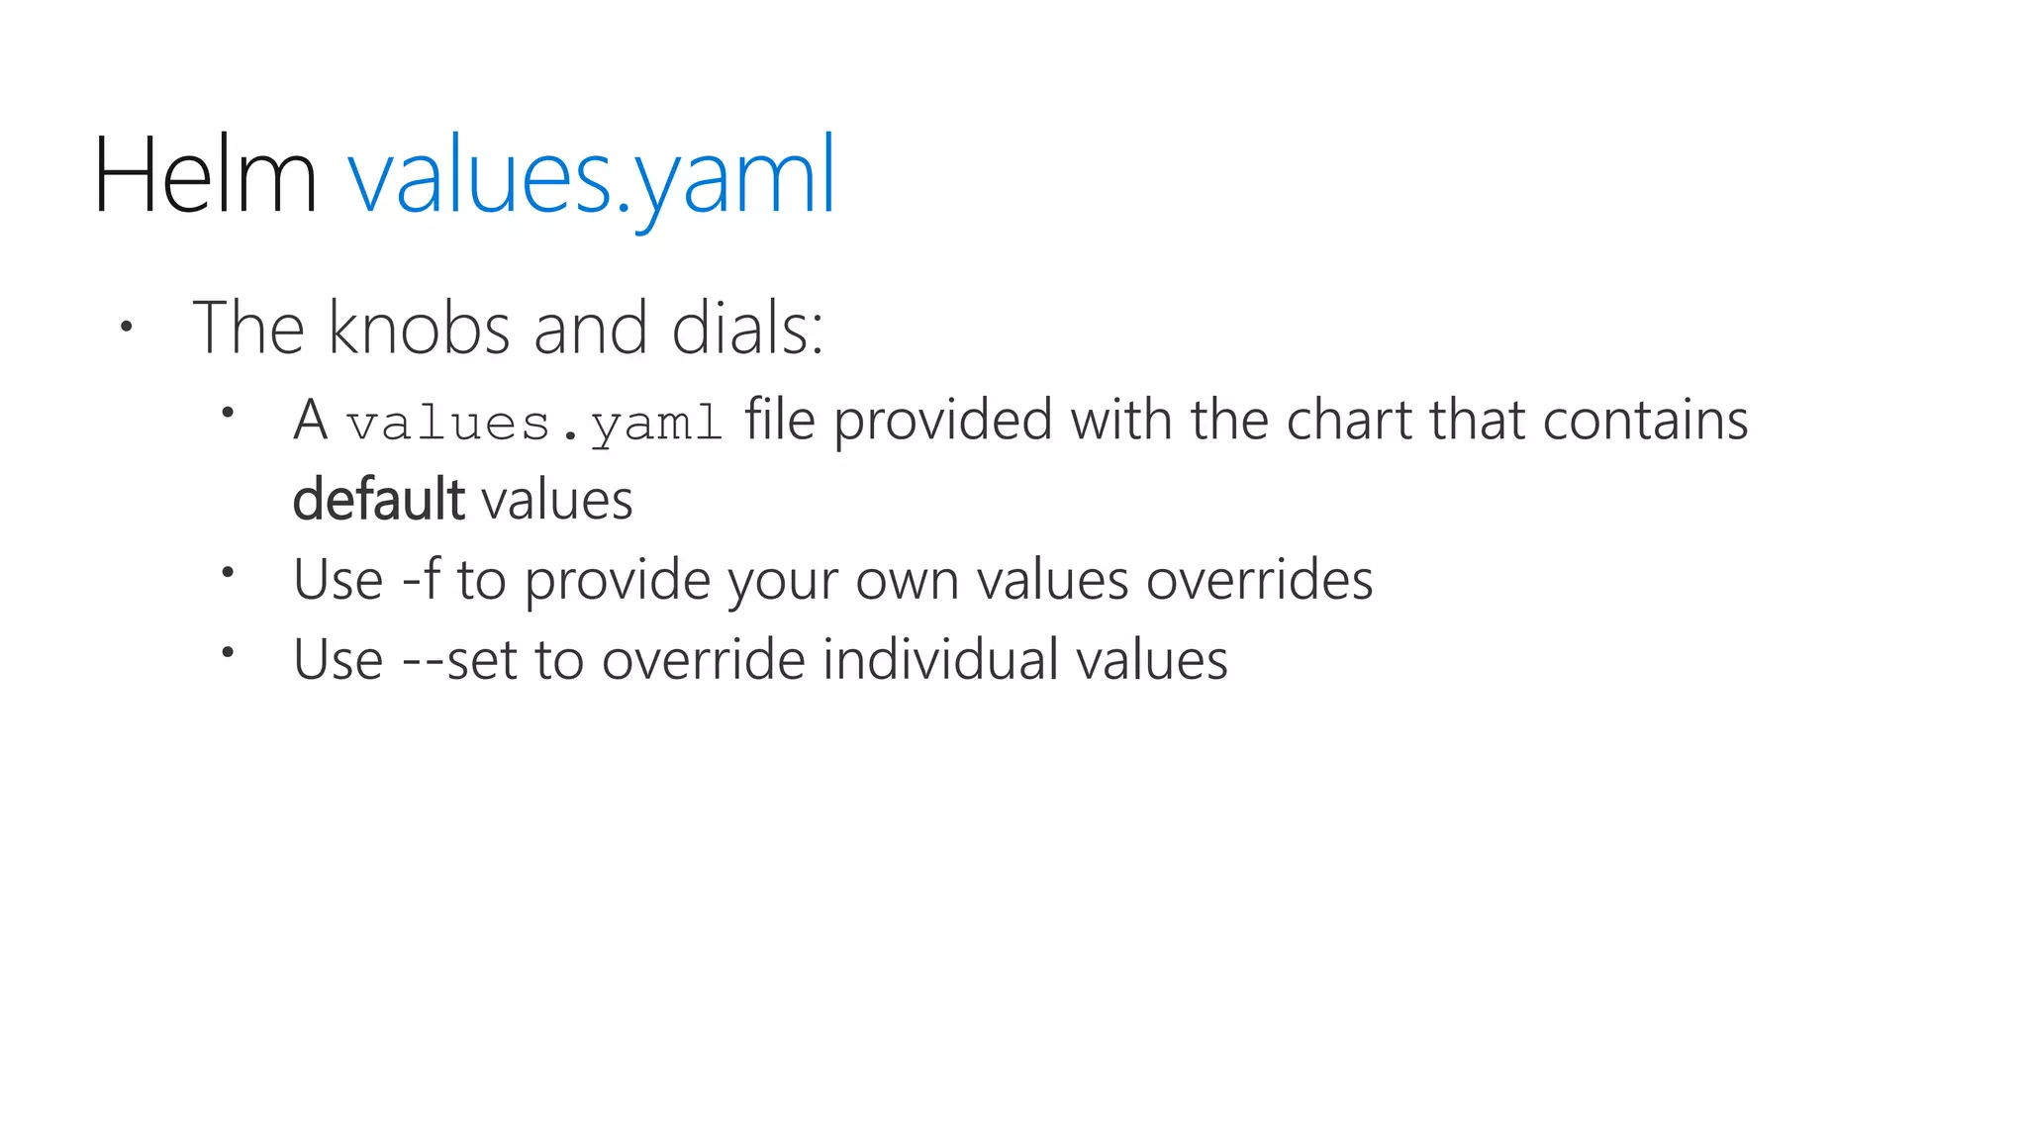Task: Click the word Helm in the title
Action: pyautogui.click(x=205, y=175)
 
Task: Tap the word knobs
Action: pyautogui.click(x=419, y=328)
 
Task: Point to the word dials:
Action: pyautogui.click(x=747, y=328)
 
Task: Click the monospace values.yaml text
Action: pyautogui.click(x=534, y=424)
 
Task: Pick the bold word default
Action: pyautogui.click(x=378, y=499)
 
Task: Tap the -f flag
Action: pyautogui.click(x=421, y=579)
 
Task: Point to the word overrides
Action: pyautogui.click(x=1259, y=579)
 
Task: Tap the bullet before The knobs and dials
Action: pyautogui.click(x=126, y=326)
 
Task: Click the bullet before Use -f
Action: pyautogui.click(x=228, y=571)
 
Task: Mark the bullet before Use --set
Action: pyautogui.click(x=228, y=651)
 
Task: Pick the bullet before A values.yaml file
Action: pyautogui.click(x=228, y=411)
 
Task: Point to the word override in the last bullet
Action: pyautogui.click(x=703, y=659)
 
